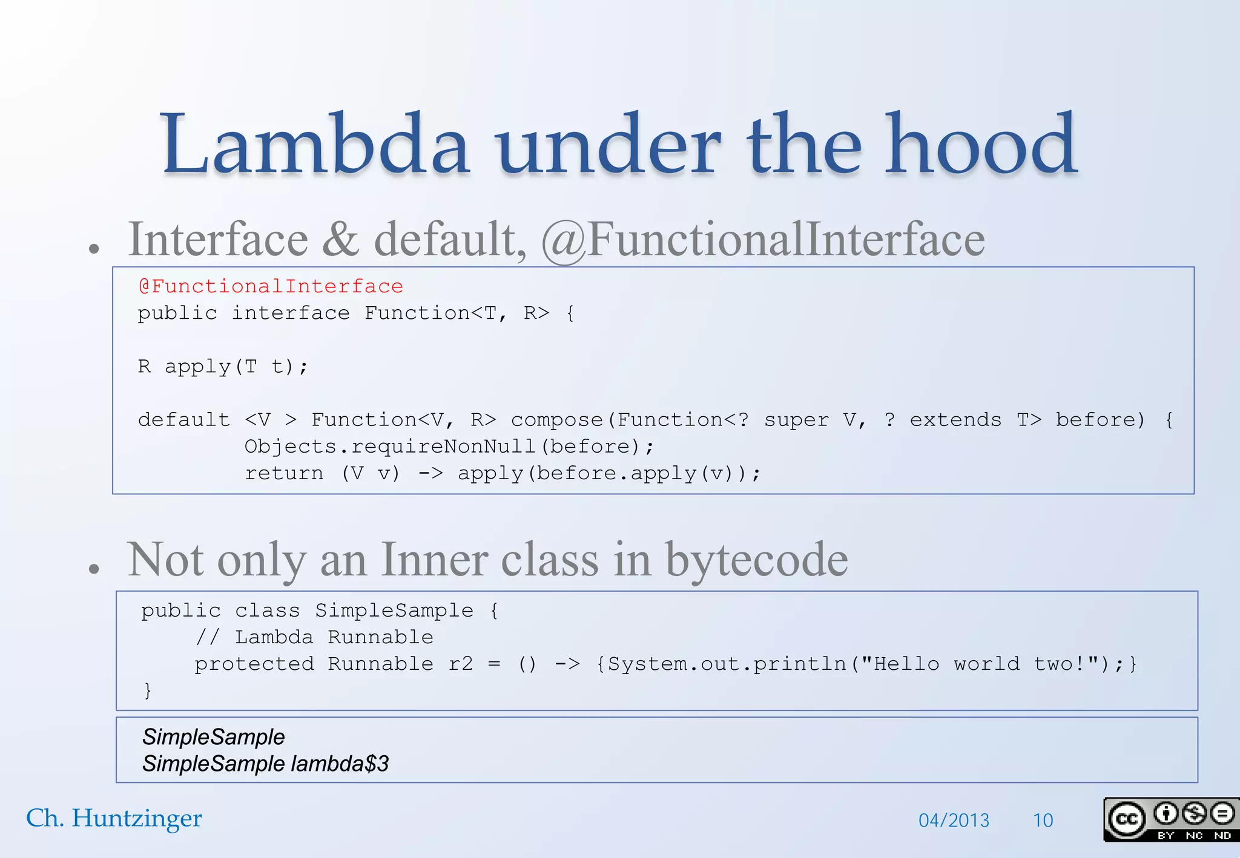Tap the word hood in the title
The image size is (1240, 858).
(981, 145)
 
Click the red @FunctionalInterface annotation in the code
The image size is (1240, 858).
(271, 286)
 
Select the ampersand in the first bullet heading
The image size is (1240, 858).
(341, 240)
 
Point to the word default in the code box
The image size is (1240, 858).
(184, 420)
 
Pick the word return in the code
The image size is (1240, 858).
(284, 473)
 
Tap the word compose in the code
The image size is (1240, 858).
(557, 420)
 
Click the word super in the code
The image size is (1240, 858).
(796, 420)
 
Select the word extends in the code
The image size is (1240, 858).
(955, 420)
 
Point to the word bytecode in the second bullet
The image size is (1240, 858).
(757, 560)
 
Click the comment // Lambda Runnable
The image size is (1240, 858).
(314, 637)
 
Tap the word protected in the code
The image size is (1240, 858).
(254, 664)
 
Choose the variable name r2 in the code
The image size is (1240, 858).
(461, 664)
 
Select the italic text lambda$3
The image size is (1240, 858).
(340, 764)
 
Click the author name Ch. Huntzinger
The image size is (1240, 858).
(114, 819)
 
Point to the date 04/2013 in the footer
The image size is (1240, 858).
(954, 820)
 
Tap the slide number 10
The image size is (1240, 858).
(1043, 820)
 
